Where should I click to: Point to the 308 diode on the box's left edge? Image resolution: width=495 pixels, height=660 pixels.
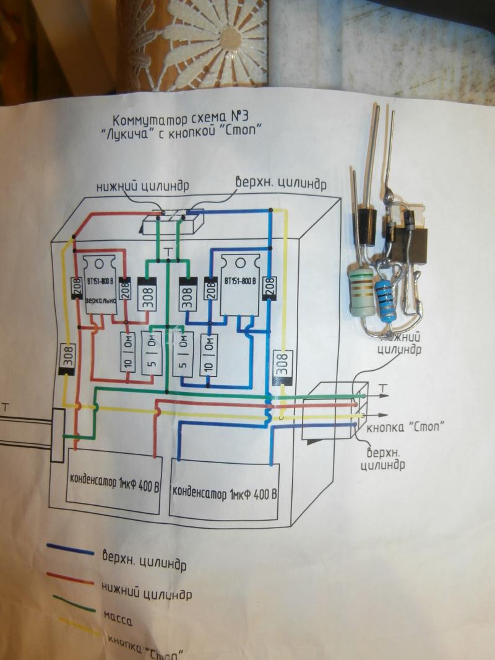pos(66,358)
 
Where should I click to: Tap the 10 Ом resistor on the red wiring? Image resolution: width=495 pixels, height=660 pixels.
pos(129,352)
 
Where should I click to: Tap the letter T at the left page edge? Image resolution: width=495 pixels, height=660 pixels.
pos(6,407)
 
